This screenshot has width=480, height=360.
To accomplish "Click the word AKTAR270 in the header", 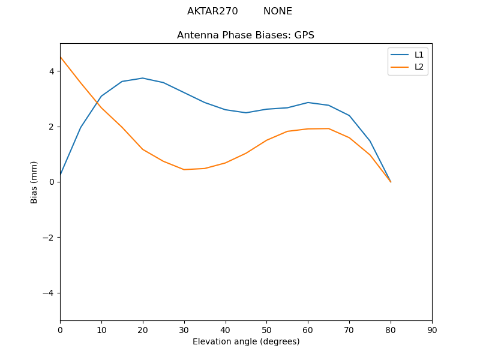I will (x=212, y=11).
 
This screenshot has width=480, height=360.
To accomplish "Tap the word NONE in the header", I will (x=278, y=11).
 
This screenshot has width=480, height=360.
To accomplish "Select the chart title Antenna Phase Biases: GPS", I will (x=245, y=35).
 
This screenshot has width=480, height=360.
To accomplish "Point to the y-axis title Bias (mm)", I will (x=34, y=182).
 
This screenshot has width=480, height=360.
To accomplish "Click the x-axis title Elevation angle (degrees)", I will (x=246, y=342).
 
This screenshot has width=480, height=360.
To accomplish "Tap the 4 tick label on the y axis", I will (x=52, y=71).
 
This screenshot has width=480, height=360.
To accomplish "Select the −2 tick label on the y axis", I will (x=49, y=238).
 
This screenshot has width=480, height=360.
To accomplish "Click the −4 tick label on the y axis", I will (x=49, y=293).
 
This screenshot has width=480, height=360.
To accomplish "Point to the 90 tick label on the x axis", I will (x=432, y=329).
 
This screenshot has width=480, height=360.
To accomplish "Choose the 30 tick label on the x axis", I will (x=184, y=329).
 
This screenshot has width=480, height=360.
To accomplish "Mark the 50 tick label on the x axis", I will (x=266, y=329).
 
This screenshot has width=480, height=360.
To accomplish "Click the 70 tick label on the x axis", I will (x=349, y=329).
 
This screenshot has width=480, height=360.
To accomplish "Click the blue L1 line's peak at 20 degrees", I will (x=143, y=78).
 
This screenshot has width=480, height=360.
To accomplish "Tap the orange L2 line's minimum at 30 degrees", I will (x=184, y=169).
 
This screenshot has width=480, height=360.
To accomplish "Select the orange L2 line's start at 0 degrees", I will (x=61, y=57).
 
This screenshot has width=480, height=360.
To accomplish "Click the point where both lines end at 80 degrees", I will (x=391, y=182).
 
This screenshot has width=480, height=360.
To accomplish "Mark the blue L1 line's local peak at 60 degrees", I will (x=308, y=103).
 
